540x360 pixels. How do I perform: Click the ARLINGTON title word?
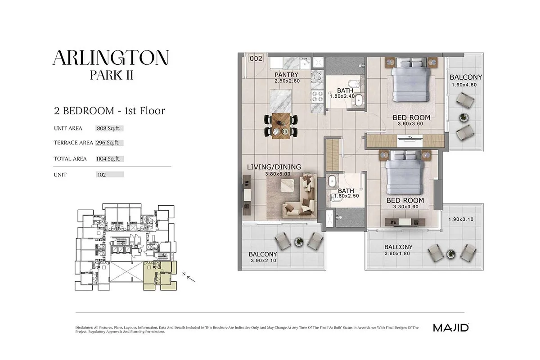(x=111, y=58)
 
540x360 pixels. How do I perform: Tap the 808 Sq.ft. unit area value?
(x=108, y=128)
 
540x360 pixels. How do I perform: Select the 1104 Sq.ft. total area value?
(x=108, y=159)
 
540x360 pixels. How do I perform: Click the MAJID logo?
(x=451, y=328)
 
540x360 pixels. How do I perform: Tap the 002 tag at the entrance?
(x=256, y=58)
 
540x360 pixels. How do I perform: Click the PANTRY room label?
(x=286, y=75)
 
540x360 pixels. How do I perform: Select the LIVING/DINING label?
(x=274, y=167)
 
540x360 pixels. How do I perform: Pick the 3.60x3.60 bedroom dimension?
(x=410, y=124)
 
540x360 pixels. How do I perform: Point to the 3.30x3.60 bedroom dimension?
(x=406, y=207)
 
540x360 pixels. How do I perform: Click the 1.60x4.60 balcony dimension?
(x=464, y=85)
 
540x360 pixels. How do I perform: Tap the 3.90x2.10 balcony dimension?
(x=263, y=261)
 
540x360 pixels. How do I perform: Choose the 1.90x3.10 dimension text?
(x=461, y=220)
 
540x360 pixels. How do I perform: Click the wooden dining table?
(x=281, y=126)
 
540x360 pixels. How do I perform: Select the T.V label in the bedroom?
(x=410, y=137)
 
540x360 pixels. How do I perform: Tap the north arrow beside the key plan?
(x=191, y=279)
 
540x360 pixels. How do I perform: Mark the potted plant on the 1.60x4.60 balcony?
(x=463, y=117)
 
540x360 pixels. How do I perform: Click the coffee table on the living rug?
(x=288, y=185)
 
